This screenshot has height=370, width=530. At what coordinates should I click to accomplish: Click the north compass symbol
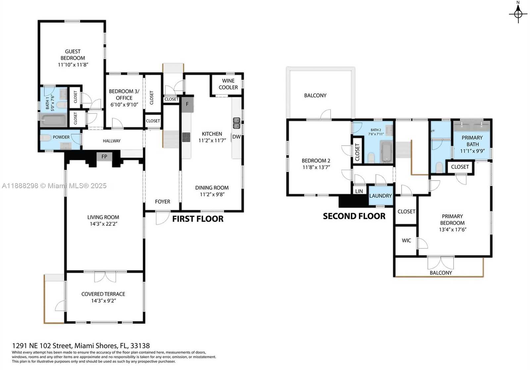point(518,13)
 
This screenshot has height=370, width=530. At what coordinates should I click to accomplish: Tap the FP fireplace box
point(104,156)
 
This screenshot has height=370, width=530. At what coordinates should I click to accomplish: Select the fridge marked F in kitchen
point(187,104)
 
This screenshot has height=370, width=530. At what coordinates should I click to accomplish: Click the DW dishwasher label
point(236,137)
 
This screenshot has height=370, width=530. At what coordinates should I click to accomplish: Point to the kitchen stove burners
point(186,137)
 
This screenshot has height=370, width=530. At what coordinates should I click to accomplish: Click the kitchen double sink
point(237,123)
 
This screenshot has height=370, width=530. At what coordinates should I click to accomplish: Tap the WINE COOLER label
point(228,84)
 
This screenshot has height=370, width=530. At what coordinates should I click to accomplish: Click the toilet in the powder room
point(46,137)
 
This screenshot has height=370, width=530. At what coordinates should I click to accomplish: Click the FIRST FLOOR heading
point(198,219)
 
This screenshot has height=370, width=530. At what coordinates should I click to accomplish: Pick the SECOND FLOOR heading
point(354,216)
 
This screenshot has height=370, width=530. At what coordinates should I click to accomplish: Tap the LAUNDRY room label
point(380,196)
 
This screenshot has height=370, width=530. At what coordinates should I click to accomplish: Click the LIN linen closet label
point(359,191)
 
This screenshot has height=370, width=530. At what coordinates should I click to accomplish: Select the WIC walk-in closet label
point(406,240)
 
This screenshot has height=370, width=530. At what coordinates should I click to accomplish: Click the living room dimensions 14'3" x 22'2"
point(103,224)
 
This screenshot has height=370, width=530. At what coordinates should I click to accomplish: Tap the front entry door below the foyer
point(162,218)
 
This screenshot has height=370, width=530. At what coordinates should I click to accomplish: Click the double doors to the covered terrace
point(105,277)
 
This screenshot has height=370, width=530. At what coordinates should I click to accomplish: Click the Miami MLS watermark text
point(54,186)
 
